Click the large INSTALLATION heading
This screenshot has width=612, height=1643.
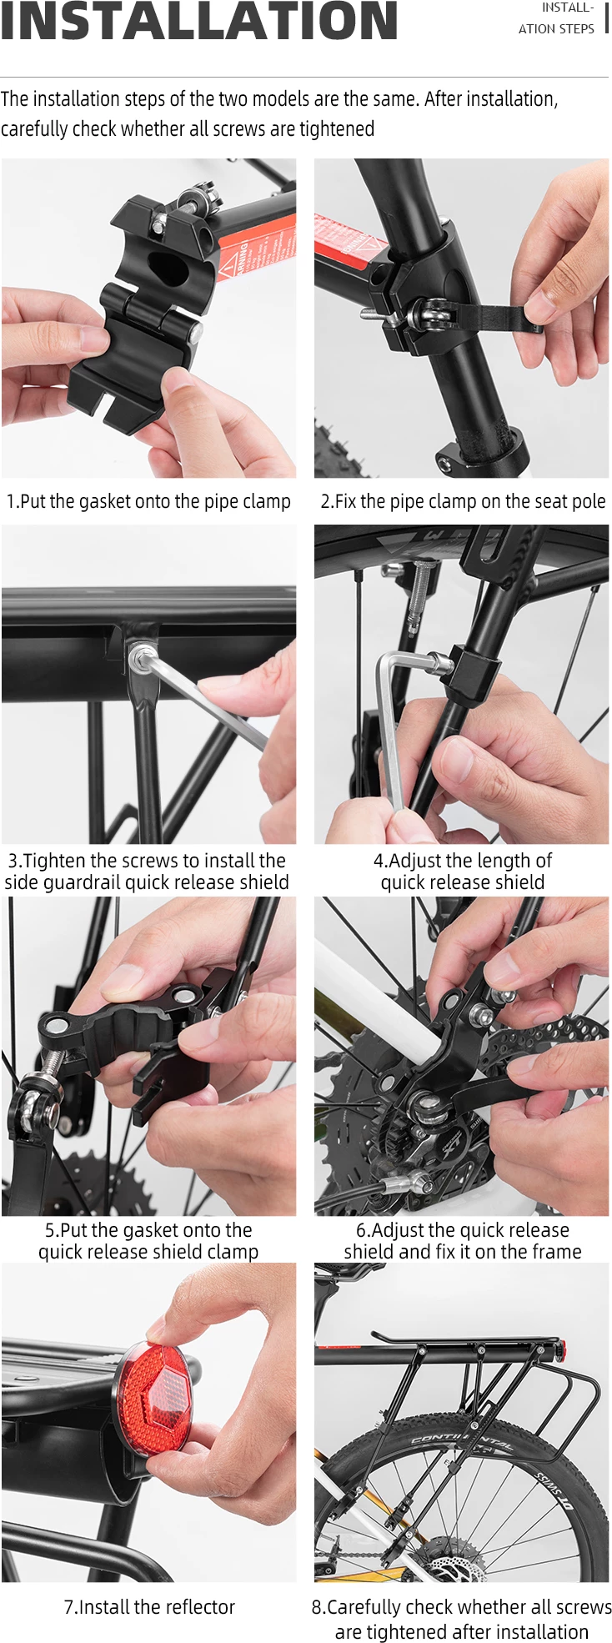pyautogui.click(x=198, y=22)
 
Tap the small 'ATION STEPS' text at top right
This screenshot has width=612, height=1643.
pyautogui.click(x=556, y=28)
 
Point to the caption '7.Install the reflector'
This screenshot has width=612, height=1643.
pyautogui.click(x=149, y=1606)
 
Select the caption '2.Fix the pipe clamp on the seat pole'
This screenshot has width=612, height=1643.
pyautogui.click(x=463, y=501)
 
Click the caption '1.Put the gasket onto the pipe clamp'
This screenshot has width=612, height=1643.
pyautogui.click(x=148, y=501)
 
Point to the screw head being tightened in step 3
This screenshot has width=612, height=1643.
pyautogui.click(x=143, y=657)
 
